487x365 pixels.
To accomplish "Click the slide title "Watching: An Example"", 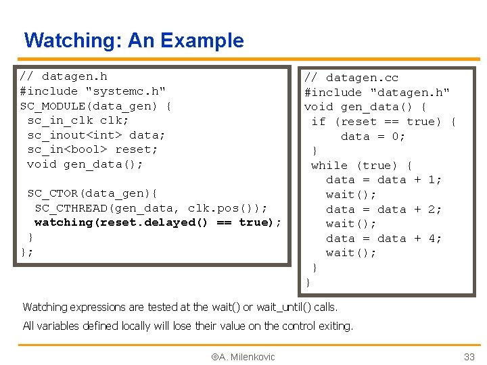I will [x=134, y=41].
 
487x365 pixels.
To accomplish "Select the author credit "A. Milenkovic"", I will [x=244, y=357].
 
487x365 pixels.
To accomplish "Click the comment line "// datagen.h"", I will [x=64, y=76].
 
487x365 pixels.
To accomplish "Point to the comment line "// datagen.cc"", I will [x=351, y=78].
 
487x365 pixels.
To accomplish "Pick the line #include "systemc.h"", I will [x=93, y=91].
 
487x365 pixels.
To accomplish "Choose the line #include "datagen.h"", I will [x=377, y=93].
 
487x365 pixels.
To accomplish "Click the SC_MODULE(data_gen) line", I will [x=95, y=106].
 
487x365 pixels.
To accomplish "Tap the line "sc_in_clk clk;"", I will [x=78, y=120].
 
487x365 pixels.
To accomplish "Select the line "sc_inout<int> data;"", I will [x=96, y=135].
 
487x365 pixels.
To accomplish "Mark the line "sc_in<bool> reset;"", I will [x=92, y=149].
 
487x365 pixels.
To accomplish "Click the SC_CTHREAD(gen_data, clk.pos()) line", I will [x=151, y=208].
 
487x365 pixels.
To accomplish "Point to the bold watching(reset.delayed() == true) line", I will [x=158, y=222].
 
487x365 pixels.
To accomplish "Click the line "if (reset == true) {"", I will [x=384, y=122].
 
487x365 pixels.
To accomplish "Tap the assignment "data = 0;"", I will [x=373, y=137].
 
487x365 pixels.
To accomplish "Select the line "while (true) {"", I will [x=362, y=166].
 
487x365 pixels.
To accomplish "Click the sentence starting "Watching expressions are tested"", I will [x=180, y=307].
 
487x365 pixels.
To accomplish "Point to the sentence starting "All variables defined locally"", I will [x=188, y=326].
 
